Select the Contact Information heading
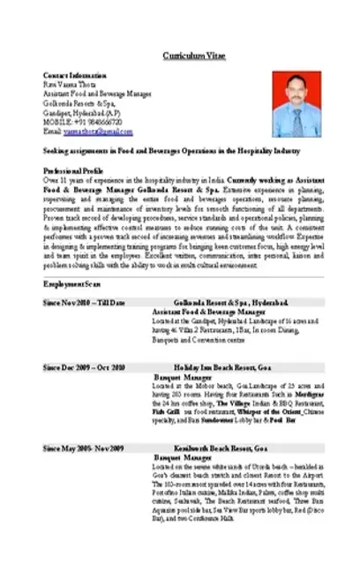[74, 76]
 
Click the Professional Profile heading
[73, 169]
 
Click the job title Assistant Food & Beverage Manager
[208, 312]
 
